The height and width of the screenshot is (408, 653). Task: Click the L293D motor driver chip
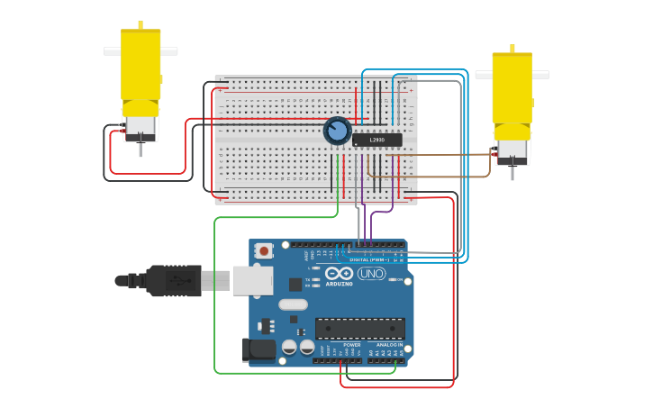pyautogui.click(x=376, y=140)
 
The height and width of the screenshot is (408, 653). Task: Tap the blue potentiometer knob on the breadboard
pyautogui.click(x=337, y=131)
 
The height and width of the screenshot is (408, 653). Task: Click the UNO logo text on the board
pyautogui.click(x=371, y=274)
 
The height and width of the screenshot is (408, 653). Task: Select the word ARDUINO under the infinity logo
pyautogui.click(x=340, y=284)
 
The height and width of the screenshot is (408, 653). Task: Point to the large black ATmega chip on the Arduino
pyautogui.click(x=359, y=329)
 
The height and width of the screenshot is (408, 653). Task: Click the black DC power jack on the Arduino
pyautogui.click(x=258, y=350)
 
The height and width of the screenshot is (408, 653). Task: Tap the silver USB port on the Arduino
pyautogui.click(x=252, y=280)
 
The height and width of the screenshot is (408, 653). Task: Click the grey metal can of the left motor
pyautogui.click(x=141, y=127)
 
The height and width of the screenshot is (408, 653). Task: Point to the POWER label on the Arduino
pyautogui.click(x=352, y=344)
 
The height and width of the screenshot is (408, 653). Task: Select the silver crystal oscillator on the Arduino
pyautogui.click(x=293, y=304)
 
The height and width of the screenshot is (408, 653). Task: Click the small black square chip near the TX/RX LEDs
pyautogui.click(x=295, y=285)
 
